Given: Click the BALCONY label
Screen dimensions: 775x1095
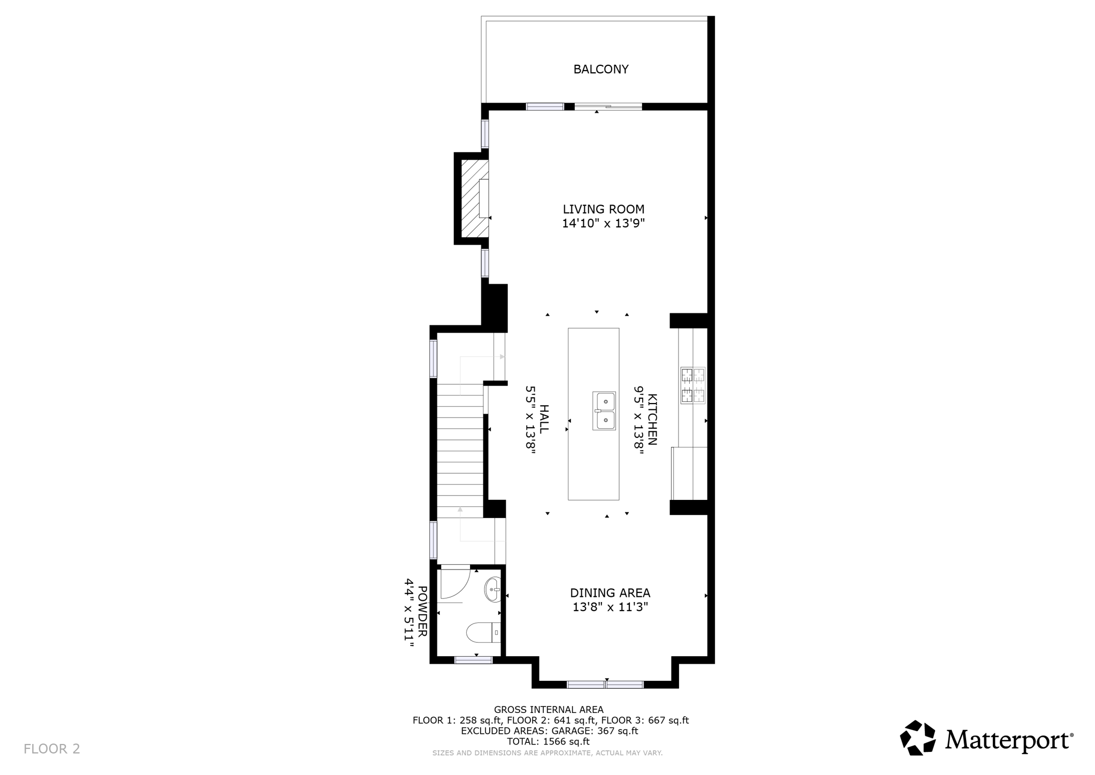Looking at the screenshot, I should (x=600, y=69).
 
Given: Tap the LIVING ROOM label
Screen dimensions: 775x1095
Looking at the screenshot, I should (x=603, y=209).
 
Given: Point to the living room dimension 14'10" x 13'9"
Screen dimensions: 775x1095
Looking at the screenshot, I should (x=603, y=224).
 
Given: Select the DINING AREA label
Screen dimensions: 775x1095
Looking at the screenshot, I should (x=610, y=593).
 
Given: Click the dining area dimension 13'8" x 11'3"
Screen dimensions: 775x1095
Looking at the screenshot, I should (x=610, y=607).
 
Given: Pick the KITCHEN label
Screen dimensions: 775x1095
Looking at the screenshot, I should (x=652, y=419).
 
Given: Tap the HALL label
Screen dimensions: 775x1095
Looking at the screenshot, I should (x=544, y=419).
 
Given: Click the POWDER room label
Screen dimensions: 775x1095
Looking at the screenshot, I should (x=422, y=611).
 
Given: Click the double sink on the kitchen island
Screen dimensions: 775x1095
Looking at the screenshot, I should (x=604, y=411).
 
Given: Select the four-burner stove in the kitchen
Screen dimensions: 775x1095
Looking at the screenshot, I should (x=692, y=385).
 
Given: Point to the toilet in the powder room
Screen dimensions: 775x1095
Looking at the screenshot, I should (x=483, y=633).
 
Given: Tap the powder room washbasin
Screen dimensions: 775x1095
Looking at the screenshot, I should (x=492, y=590).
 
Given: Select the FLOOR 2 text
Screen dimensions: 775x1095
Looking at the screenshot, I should (x=52, y=749).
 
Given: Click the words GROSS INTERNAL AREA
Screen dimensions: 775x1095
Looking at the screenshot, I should (x=549, y=710).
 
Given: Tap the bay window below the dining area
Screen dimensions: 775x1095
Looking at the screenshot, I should (x=605, y=684).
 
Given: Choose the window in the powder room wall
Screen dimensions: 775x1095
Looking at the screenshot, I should (x=473, y=660).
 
